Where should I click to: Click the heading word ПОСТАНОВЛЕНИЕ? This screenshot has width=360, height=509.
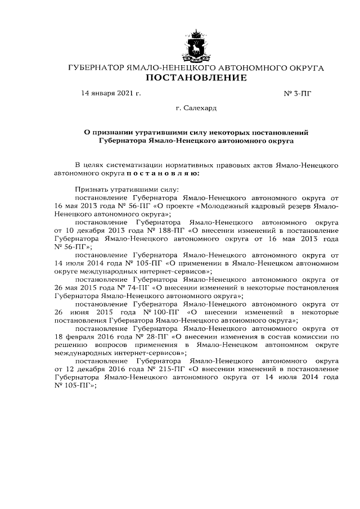pos(196,78)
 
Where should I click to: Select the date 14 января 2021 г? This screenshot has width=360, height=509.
pos(111,93)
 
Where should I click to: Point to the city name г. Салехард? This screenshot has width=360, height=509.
pos(196,107)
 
